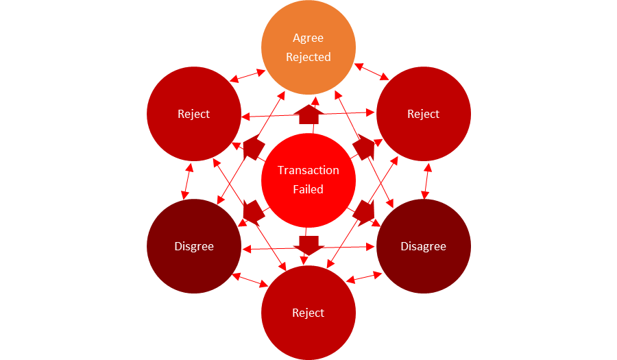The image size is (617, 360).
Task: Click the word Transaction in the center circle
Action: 308,170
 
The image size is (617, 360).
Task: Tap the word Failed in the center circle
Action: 308,189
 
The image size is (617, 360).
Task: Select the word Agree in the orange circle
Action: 308,38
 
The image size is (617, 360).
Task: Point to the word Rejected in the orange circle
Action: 308,57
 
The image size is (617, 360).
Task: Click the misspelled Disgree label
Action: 194,246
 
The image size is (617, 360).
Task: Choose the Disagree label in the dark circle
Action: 423,246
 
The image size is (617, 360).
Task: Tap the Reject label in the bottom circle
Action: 308,313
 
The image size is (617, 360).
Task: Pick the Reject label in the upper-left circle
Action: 194,114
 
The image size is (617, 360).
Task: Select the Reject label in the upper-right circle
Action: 423,114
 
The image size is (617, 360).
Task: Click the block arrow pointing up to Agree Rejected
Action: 309,115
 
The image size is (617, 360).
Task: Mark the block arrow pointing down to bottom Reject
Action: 309,243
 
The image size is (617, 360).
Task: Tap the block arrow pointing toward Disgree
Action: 253,212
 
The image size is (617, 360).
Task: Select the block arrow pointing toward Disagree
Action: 364,212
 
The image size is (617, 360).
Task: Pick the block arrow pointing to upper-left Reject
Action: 254,147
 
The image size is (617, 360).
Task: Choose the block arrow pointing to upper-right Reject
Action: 364,147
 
